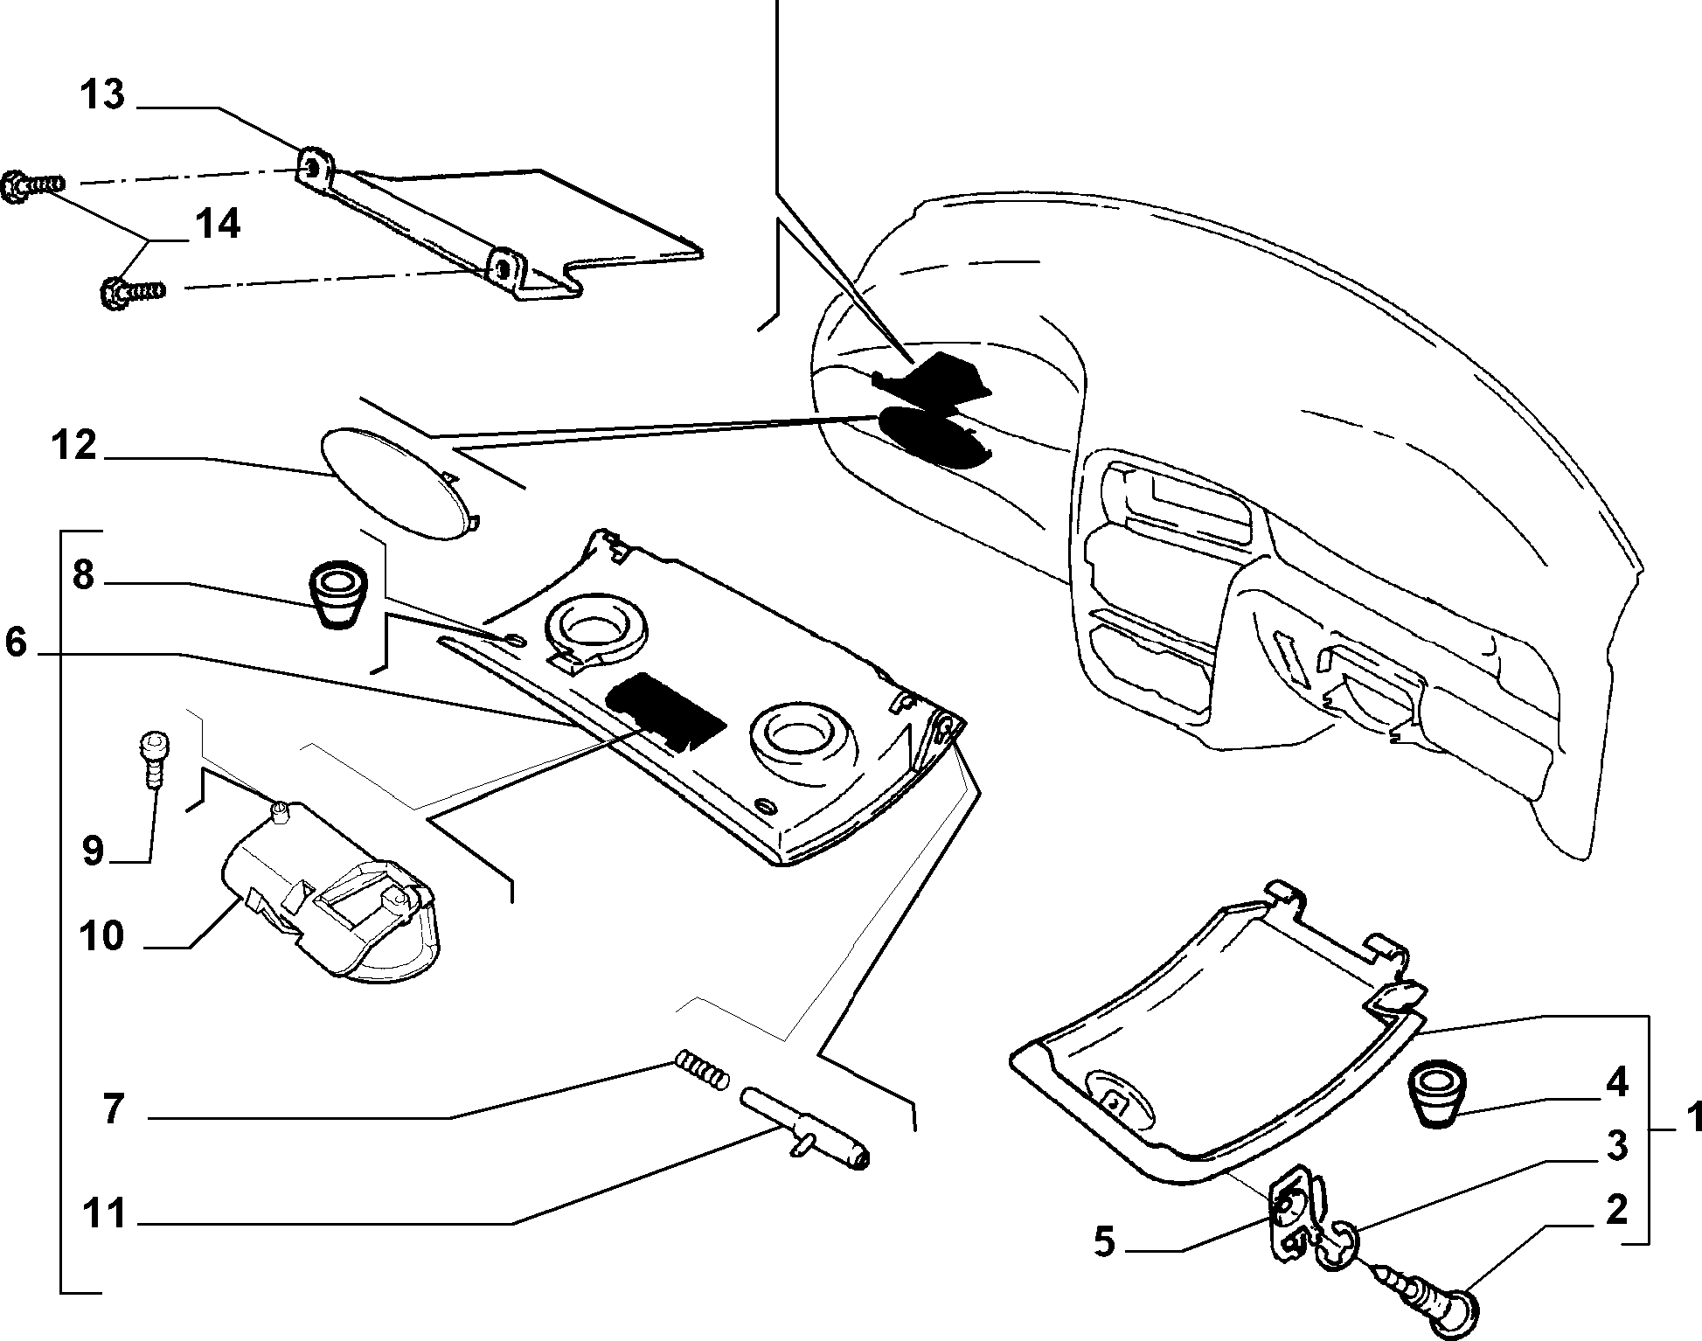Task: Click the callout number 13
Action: coord(103,94)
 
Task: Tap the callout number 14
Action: coord(217,224)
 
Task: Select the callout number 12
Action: coord(73,445)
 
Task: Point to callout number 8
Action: coord(83,576)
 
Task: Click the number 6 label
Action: coord(17,643)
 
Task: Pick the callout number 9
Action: coord(93,850)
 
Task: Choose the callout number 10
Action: coord(102,936)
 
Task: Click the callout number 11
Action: coord(104,1214)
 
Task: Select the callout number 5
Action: coord(1105,1242)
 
